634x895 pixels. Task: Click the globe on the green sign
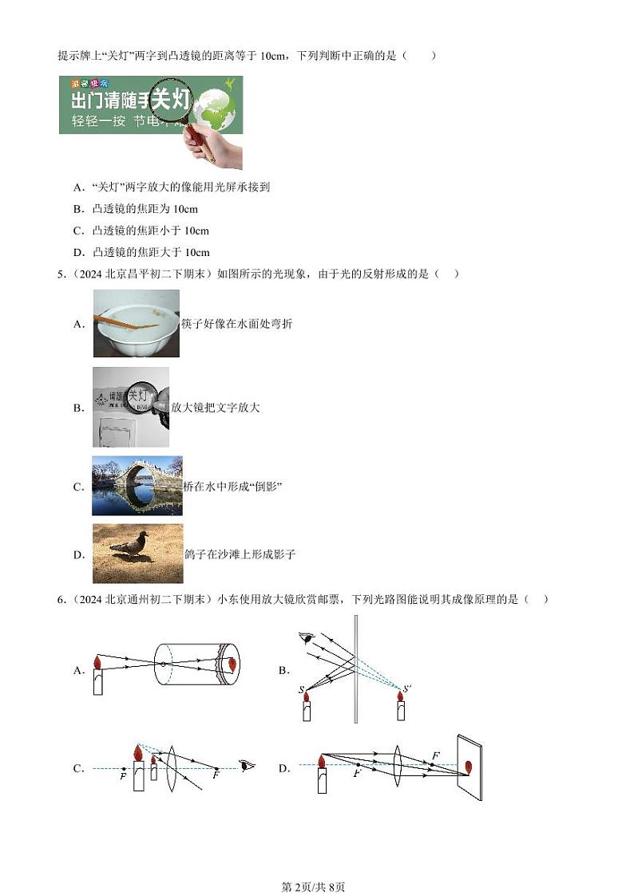(x=217, y=108)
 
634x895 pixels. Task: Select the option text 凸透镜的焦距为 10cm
(x=145, y=209)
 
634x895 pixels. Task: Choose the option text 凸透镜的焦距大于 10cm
(x=151, y=252)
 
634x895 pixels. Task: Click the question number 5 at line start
(x=61, y=274)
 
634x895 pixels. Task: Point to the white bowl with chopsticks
(x=136, y=322)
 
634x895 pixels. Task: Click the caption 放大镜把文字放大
(x=216, y=408)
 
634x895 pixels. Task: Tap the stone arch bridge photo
(x=137, y=486)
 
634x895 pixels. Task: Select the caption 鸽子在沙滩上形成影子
(x=240, y=554)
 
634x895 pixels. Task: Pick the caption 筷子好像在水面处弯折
(x=236, y=324)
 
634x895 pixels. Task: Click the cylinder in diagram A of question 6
(x=195, y=664)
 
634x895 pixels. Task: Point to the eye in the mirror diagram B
(x=304, y=637)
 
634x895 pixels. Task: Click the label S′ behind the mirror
(x=407, y=688)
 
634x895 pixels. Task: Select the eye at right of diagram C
(x=248, y=767)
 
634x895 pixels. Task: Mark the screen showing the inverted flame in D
(x=469, y=767)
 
